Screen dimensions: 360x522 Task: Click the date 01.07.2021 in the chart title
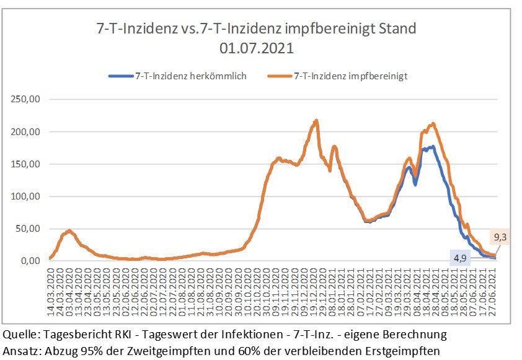pos(257,48)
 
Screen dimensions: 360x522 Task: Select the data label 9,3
pos(500,236)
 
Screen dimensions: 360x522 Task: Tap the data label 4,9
pos(459,258)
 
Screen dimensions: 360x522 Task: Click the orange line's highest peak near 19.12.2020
pos(317,121)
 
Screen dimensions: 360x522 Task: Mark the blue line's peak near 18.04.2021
pos(432,147)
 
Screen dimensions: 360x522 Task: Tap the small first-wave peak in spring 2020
pos(69,230)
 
